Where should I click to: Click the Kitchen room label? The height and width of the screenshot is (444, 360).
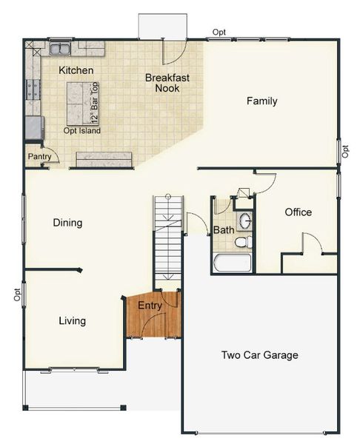[x=76, y=70]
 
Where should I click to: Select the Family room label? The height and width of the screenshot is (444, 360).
[x=262, y=101]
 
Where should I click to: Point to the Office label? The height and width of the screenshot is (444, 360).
[x=298, y=212]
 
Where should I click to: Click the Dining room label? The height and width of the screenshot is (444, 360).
[x=67, y=223]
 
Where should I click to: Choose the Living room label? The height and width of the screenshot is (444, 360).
[x=72, y=321]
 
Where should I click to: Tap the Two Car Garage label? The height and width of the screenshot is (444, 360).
[x=259, y=355]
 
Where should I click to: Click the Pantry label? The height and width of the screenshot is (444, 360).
[x=39, y=157]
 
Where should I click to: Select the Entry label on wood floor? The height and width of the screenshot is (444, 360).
[x=150, y=306]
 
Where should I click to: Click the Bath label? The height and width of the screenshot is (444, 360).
[x=224, y=230]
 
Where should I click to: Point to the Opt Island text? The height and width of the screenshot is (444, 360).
[x=81, y=131]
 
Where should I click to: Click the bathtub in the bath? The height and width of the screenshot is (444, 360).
[x=232, y=263]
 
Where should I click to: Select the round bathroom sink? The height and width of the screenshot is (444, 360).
[x=245, y=221]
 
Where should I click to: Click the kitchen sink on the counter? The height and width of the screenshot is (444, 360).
[x=59, y=49]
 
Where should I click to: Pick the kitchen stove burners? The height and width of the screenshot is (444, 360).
[x=33, y=90]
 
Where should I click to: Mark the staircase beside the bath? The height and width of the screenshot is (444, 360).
[x=168, y=240]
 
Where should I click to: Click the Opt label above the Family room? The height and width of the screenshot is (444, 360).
[x=219, y=32]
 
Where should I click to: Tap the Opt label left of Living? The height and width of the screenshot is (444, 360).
[x=16, y=295]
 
